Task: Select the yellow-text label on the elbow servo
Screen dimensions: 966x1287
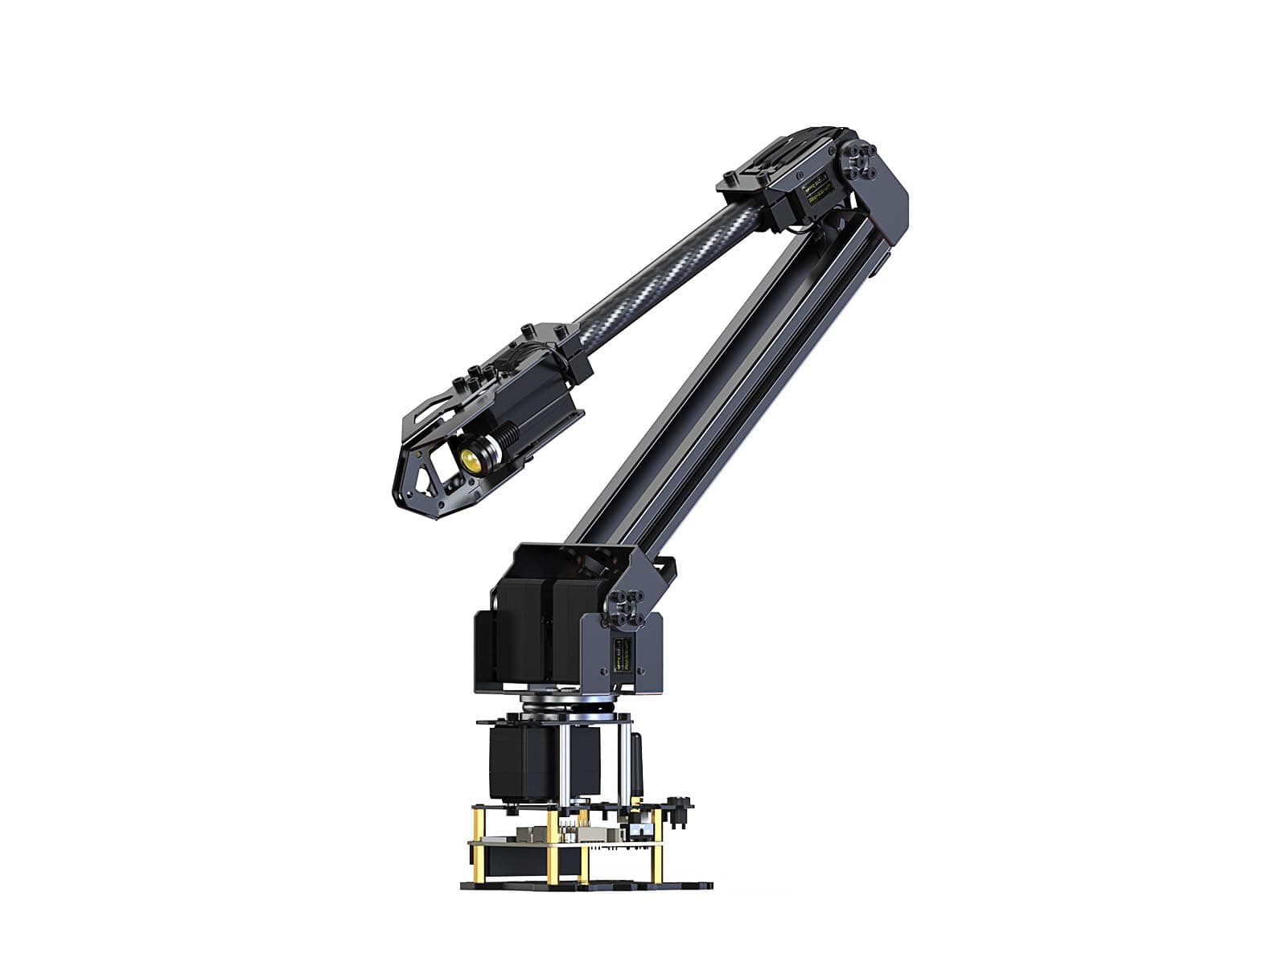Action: (x=815, y=192)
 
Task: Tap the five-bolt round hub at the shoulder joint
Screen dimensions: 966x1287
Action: (x=627, y=608)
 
